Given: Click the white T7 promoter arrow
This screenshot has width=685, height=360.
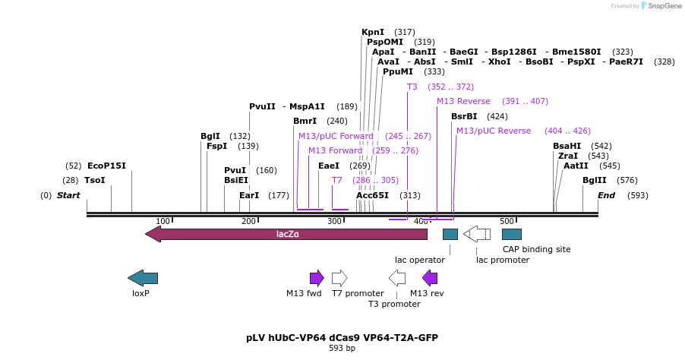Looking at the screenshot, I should (x=339, y=278).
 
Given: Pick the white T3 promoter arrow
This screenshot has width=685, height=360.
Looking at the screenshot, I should (x=397, y=278).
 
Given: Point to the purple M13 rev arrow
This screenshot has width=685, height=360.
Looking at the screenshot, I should (x=430, y=278).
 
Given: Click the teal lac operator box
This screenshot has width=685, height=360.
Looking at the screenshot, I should (x=450, y=234).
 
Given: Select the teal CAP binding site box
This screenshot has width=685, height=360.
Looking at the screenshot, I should (x=512, y=234).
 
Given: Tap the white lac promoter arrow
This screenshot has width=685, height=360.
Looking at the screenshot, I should (x=477, y=234).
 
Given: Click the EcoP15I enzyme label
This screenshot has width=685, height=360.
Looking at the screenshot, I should (x=106, y=166).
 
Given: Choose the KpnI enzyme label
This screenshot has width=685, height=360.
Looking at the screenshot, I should (x=373, y=32).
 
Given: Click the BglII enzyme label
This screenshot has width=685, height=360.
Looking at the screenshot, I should (x=595, y=180).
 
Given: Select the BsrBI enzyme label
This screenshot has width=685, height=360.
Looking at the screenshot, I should (x=464, y=116).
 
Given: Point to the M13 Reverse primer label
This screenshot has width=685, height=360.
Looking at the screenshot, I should (x=463, y=101).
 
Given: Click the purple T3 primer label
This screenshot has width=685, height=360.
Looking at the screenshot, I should (x=412, y=87).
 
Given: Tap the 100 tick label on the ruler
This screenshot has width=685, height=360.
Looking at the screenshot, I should (x=163, y=221).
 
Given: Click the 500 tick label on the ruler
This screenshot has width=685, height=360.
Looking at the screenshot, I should (x=507, y=221).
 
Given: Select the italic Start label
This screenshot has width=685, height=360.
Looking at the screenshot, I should (x=68, y=195).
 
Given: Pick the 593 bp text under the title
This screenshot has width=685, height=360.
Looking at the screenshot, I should (x=342, y=349).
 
